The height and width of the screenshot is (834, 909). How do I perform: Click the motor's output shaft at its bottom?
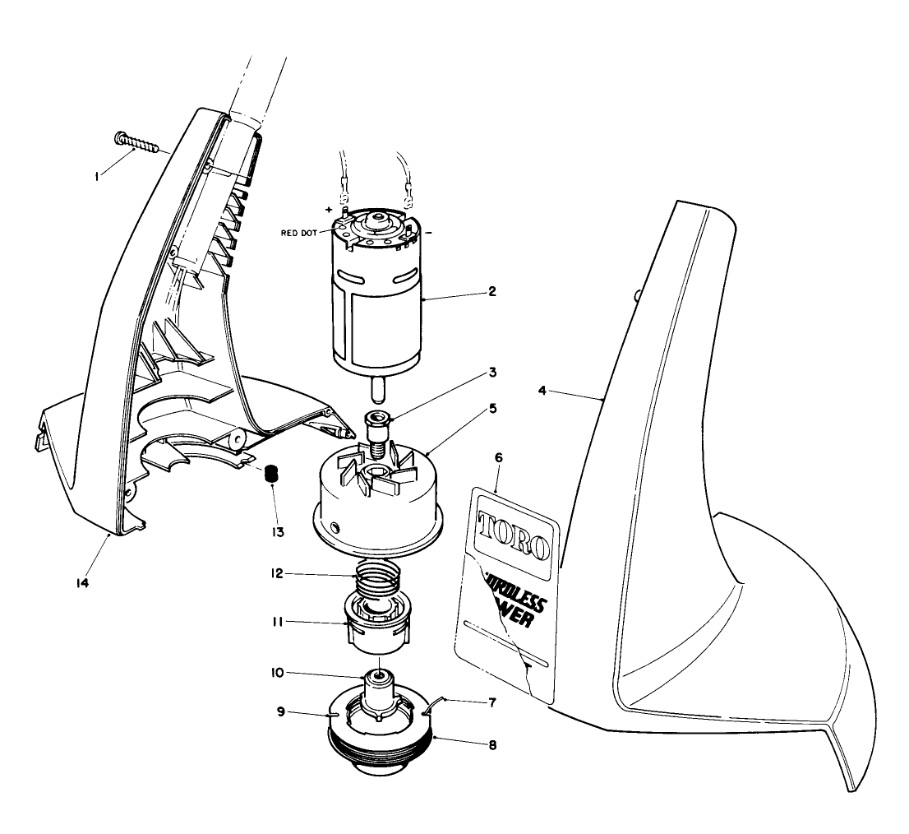pos(377,387)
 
